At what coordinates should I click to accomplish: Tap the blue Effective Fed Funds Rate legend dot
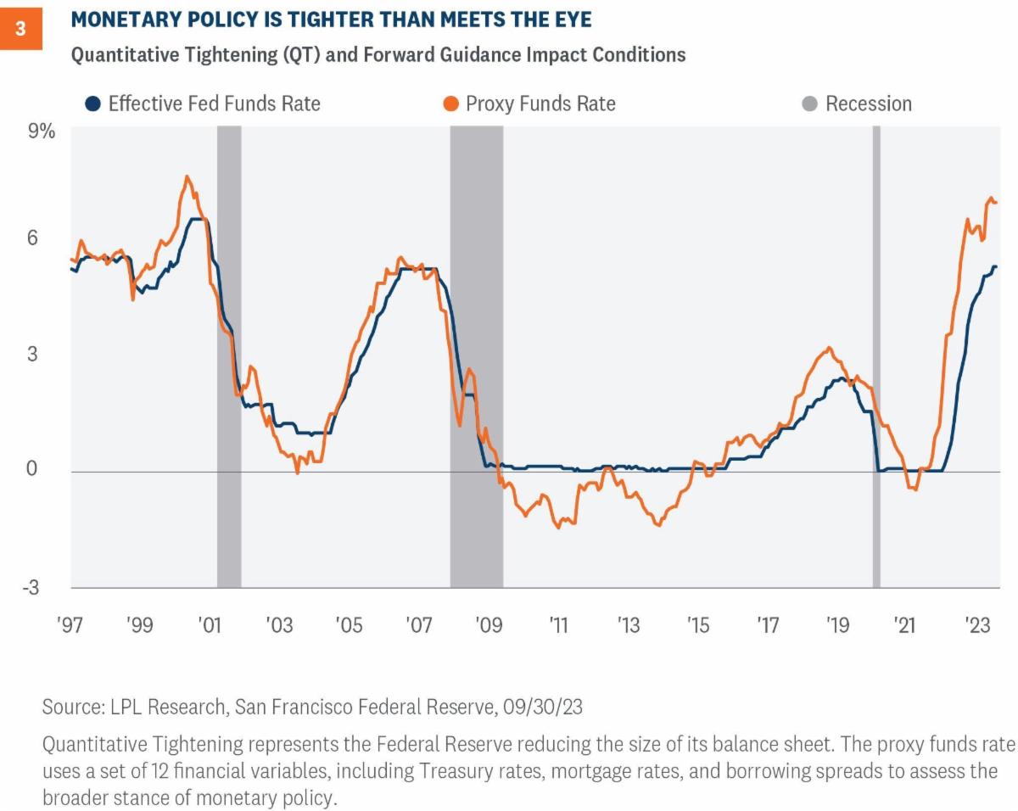pos(92,104)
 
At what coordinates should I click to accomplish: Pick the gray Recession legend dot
pos(810,104)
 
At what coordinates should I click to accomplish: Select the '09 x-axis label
pos(488,626)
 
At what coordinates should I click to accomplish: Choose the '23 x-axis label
pos(976,626)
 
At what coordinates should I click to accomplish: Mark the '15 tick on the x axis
pos(697,626)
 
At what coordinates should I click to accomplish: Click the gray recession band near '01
pos(229,356)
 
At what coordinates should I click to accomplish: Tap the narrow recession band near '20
pos(876,356)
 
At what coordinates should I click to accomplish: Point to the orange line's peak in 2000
pos(187,176)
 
